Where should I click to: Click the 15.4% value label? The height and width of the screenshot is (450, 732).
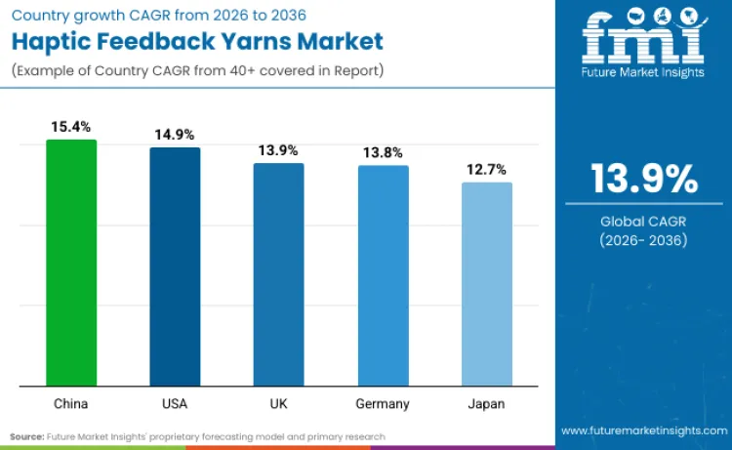coord(71,127)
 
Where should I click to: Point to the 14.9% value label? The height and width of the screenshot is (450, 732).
coord(175,135)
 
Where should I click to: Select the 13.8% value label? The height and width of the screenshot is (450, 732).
coord(383,152)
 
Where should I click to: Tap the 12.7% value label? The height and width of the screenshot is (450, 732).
coord(487,170)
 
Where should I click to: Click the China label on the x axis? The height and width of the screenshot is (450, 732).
coord(71,403)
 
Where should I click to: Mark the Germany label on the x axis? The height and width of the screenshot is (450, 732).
coord(383,403)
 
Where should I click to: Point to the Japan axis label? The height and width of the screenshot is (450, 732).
coord(487,403)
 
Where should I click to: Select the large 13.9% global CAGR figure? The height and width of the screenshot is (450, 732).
coord(644,180)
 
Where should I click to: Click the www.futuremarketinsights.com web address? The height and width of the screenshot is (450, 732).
coord(643,430)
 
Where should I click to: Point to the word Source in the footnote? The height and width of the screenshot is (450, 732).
coord(28,436)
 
